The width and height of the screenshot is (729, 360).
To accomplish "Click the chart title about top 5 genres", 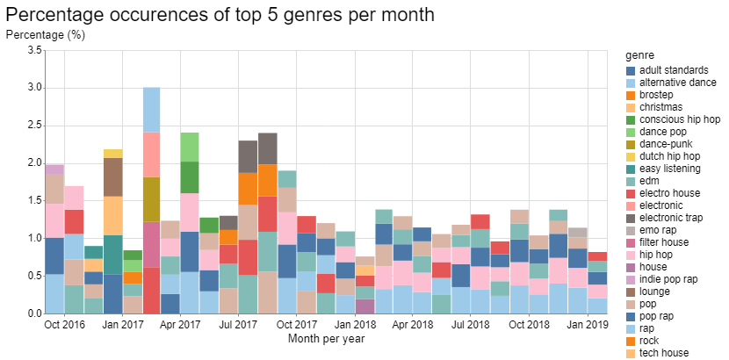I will click(220, 16).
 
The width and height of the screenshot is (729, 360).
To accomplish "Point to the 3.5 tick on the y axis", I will click(33, 51).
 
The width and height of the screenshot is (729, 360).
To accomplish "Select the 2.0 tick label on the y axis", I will click(33, 163).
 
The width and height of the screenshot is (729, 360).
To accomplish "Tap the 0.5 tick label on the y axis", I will click(33, 276).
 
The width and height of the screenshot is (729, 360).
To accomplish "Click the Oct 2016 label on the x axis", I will click(64, 325).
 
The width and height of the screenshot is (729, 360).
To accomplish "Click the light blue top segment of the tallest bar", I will click(151, 110).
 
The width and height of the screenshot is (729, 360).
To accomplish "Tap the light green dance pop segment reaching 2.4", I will click(189, 147).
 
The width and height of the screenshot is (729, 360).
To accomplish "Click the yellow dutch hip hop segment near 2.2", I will click(113, 154).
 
